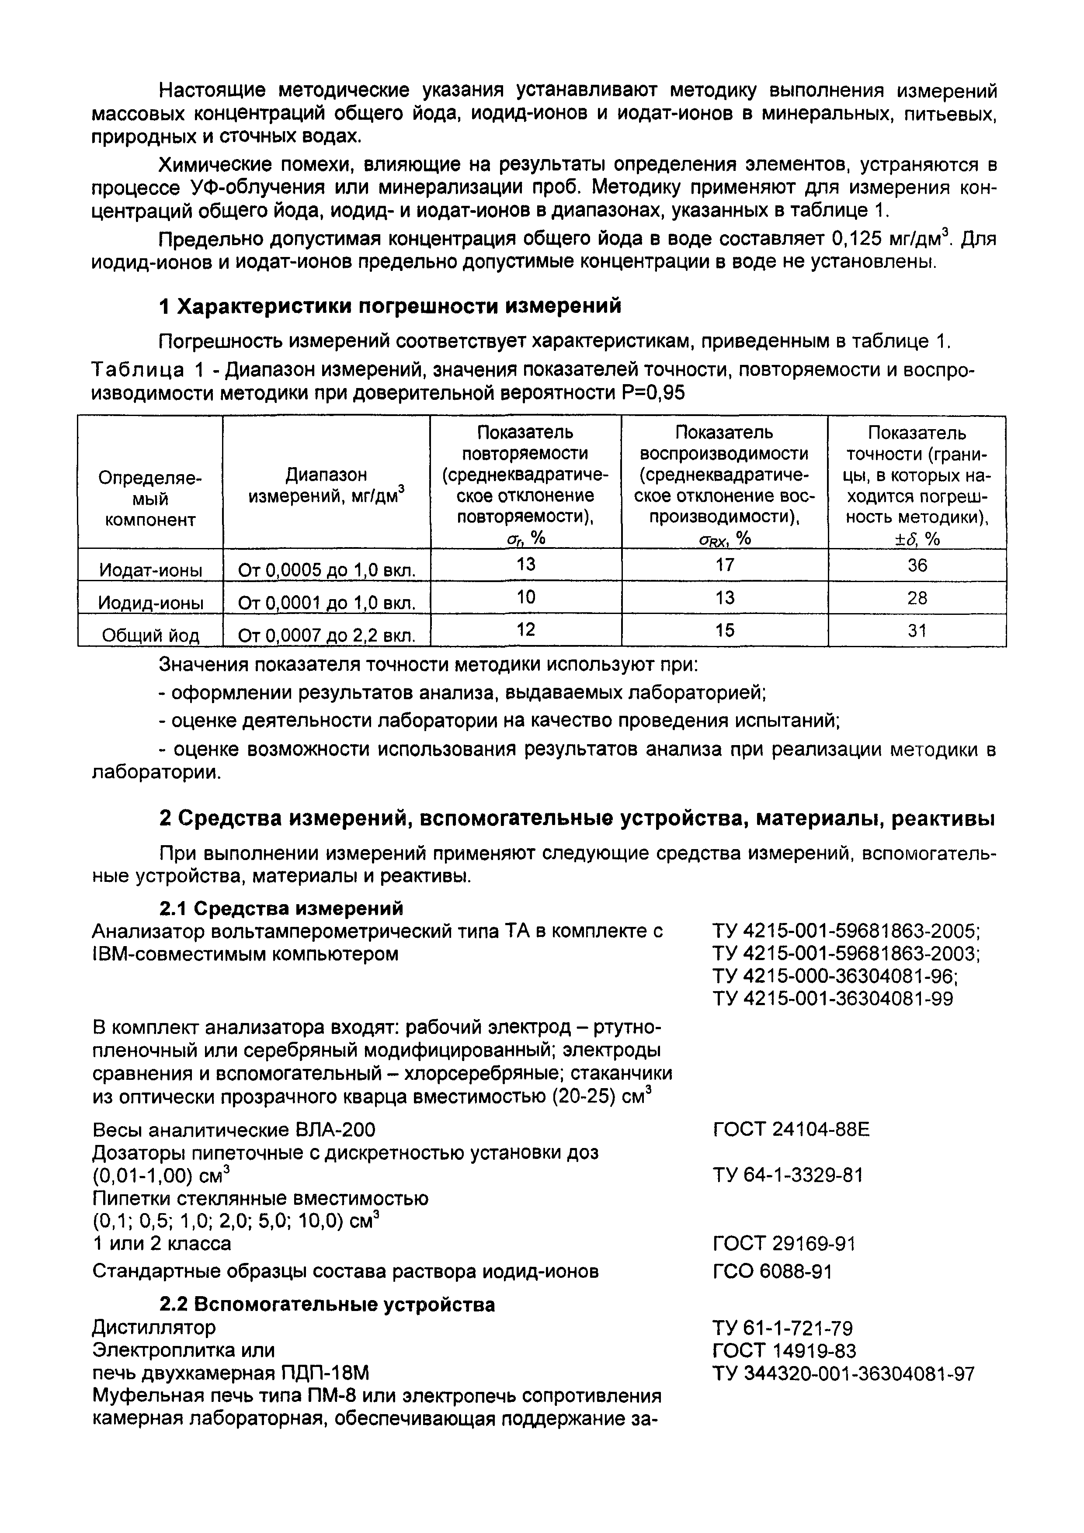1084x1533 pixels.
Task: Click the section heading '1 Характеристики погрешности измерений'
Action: [390, 306]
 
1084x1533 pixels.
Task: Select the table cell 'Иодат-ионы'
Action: [150, 569]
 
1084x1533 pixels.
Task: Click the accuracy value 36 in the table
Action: [917, 565]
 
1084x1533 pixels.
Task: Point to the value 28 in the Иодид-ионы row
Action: [917, 597]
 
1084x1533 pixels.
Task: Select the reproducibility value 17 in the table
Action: [725, 565]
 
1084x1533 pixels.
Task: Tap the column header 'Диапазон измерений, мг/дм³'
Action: [327, 486]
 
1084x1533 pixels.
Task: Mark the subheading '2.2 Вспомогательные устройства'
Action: [327, 1304]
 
